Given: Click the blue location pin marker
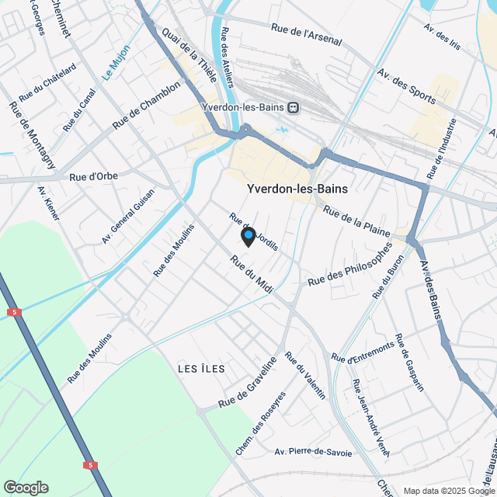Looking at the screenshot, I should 248,236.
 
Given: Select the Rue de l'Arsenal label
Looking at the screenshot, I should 307,35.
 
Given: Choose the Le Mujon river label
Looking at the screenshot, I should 116,62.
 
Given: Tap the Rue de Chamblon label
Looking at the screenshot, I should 146,106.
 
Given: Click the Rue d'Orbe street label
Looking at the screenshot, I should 93,176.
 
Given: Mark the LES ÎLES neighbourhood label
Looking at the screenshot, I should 200,368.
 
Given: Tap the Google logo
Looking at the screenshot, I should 26,488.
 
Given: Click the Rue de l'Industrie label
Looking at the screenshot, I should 440,148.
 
